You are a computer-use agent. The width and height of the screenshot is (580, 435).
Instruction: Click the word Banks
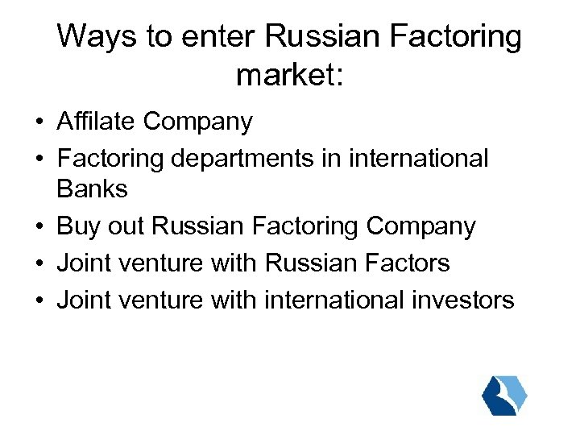pyautogui.click(x=92, y=189)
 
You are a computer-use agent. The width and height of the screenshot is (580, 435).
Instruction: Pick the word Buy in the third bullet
pyautogui.click(x=77, y=226)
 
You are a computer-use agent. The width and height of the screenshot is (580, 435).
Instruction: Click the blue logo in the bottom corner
pyautogui.click(x=504, y=395)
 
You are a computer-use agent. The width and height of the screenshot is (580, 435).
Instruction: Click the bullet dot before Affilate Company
pyautogui.click(x=39, y=123)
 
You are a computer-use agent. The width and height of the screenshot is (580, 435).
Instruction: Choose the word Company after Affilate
pyautogui.click(x=198, y=122)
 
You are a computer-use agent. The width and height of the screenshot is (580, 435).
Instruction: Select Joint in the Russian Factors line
pyautogui.click(x=83, y=263)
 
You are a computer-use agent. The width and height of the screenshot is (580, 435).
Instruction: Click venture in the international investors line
pyautogui.click(x=161, y=300)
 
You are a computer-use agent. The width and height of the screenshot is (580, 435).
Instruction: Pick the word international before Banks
pyautogui.click(x=418, y=159)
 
